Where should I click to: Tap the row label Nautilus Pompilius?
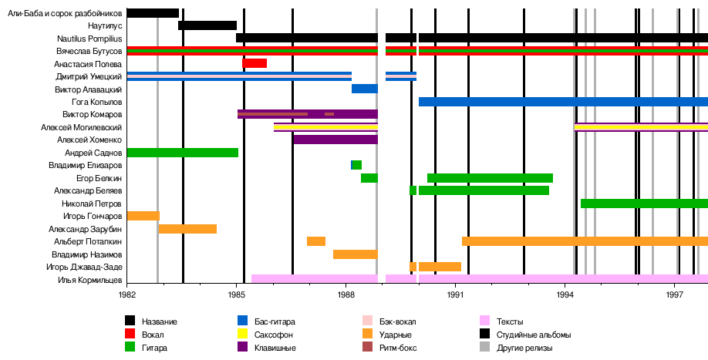click(x=89, y=38)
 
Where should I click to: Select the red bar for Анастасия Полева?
click(x=255, y=63)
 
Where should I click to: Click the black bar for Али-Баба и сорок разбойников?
click(x=153, y=12)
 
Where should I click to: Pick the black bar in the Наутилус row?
click(x=207, y=25)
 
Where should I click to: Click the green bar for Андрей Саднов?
click(x=182, y=153)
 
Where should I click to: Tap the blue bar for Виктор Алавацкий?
click(x=364, y=89)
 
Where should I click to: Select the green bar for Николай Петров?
click(x=643, y=204)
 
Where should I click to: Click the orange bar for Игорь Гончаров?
click(x=143, y=216)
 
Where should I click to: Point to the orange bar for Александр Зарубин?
click(x=187, y=229)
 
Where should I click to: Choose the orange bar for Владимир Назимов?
click(x=355, y=254)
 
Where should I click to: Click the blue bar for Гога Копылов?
click(x=562, y=102)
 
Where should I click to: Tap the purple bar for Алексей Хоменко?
click(x=335, y=140)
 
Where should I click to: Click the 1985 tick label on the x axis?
click(x=237, y=294)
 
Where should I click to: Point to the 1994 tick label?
click(x=565, y=294)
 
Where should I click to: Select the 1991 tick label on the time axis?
click(x=456, y=294)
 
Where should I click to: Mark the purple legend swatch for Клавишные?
click(x=243, y=348)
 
